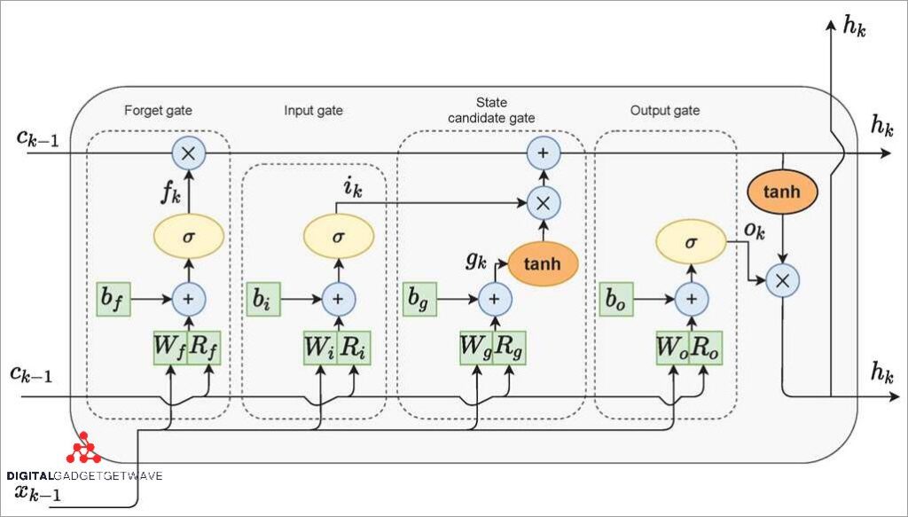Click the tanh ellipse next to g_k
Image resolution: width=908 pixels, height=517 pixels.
coord(541,262)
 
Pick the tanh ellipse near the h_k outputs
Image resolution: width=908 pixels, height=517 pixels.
coord(783,192)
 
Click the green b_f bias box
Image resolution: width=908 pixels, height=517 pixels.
coord(113,300)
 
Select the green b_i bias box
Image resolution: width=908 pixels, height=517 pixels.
coord(262,300)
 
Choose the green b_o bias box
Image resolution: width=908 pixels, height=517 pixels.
coord(617,300)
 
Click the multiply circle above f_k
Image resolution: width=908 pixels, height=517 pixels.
coord(188,153)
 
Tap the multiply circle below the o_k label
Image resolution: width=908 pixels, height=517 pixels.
coord(782,281)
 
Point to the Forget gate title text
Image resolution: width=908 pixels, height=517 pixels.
coord(159,111)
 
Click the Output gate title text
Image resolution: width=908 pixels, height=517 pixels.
coord(664,111)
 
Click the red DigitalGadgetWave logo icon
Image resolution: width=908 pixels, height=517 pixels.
coord(83,451)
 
